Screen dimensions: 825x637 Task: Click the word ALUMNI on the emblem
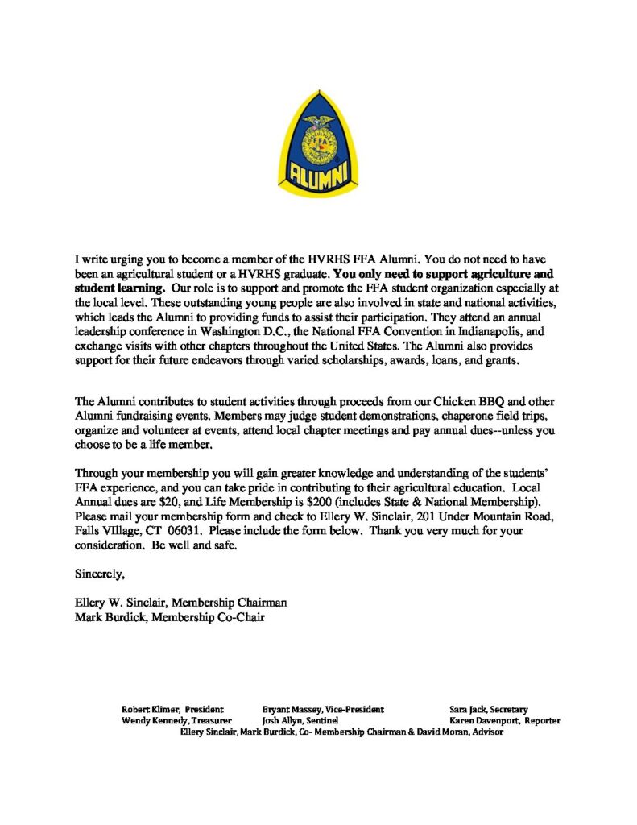click(x=318, y=173)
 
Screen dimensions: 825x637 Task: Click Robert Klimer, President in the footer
click(x=172, y=709)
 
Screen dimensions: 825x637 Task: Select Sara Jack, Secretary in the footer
click(x=488, y=709)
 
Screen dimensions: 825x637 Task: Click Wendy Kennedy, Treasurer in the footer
click(x=176, y=720)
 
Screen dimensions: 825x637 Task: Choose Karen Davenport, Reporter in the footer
click(x=505, y=720)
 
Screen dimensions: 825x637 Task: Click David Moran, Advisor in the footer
click(x=461, y=732)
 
